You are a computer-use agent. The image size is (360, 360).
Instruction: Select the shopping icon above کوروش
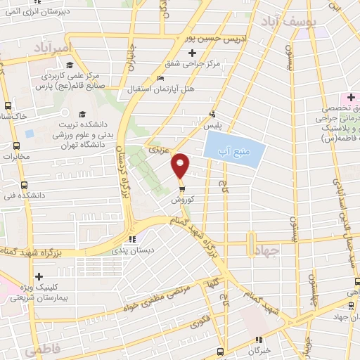click(181, 188)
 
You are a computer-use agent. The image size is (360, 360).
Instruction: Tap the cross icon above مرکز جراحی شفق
click(193, 53)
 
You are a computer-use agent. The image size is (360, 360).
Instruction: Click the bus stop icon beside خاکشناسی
click(7, 105)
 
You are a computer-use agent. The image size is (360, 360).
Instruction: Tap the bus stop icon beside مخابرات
click(15, 146)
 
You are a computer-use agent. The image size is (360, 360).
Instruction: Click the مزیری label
click(155, 150)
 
